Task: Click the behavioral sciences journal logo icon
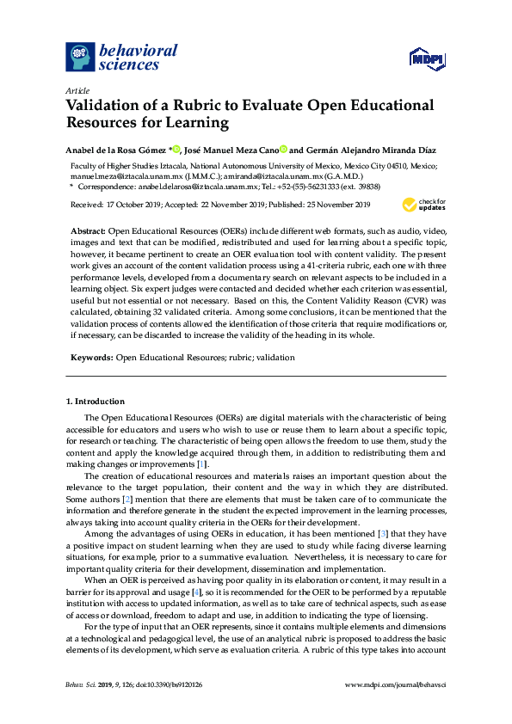[80, 57]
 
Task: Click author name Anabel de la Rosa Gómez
[117, 149]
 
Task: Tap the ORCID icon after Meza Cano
[282, 149]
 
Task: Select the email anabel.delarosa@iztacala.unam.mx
[196, 185]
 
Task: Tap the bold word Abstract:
[86, 233]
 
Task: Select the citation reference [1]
[201, 464]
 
